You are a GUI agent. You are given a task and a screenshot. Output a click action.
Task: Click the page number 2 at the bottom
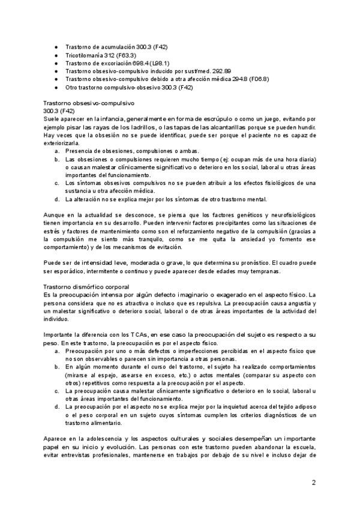click(x=313, y=482)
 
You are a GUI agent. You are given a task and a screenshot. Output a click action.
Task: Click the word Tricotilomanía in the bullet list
click(x=82, y=54)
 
